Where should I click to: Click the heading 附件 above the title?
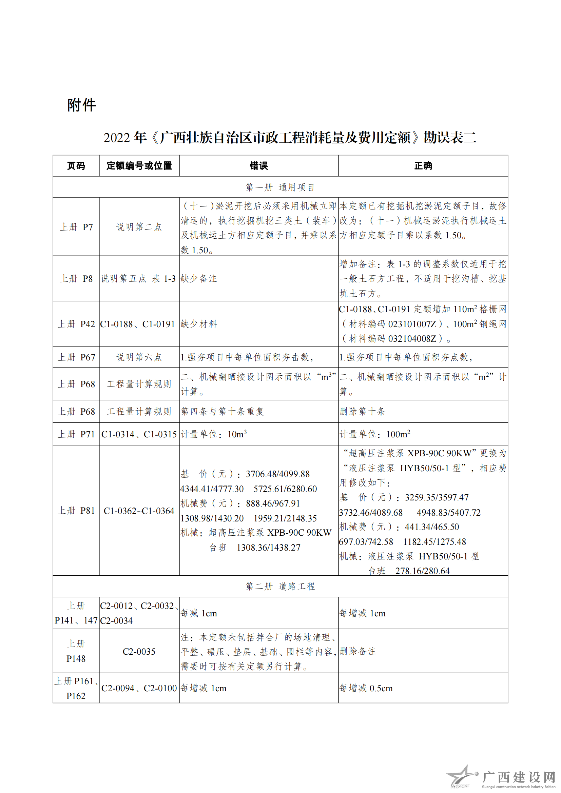coord(81,105)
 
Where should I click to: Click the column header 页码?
coord(76,166)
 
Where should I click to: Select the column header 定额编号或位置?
coord(139,166)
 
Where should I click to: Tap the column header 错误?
coord(258,166)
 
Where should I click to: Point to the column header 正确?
coord(423,166)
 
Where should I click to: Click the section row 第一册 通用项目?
coord(280,187)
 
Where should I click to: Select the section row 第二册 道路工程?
coord(280,586)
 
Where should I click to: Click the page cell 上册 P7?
coord(76,227)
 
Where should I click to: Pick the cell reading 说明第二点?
coord(139,227)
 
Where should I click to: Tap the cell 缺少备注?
coord(199,278)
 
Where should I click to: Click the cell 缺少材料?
coord(199,324)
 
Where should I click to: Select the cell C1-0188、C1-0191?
coord(137,324)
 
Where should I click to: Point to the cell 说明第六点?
coord(139,357)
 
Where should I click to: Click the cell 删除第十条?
coord(362,411)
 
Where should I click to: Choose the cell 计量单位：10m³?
coord(214,434)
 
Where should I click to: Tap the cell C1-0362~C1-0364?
coord(139,511)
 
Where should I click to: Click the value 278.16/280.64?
coord(422,571)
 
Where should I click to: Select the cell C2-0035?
coord(139,652)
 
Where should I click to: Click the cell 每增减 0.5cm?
coord(366,688)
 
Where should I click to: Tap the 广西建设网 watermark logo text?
coord(518,777)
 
